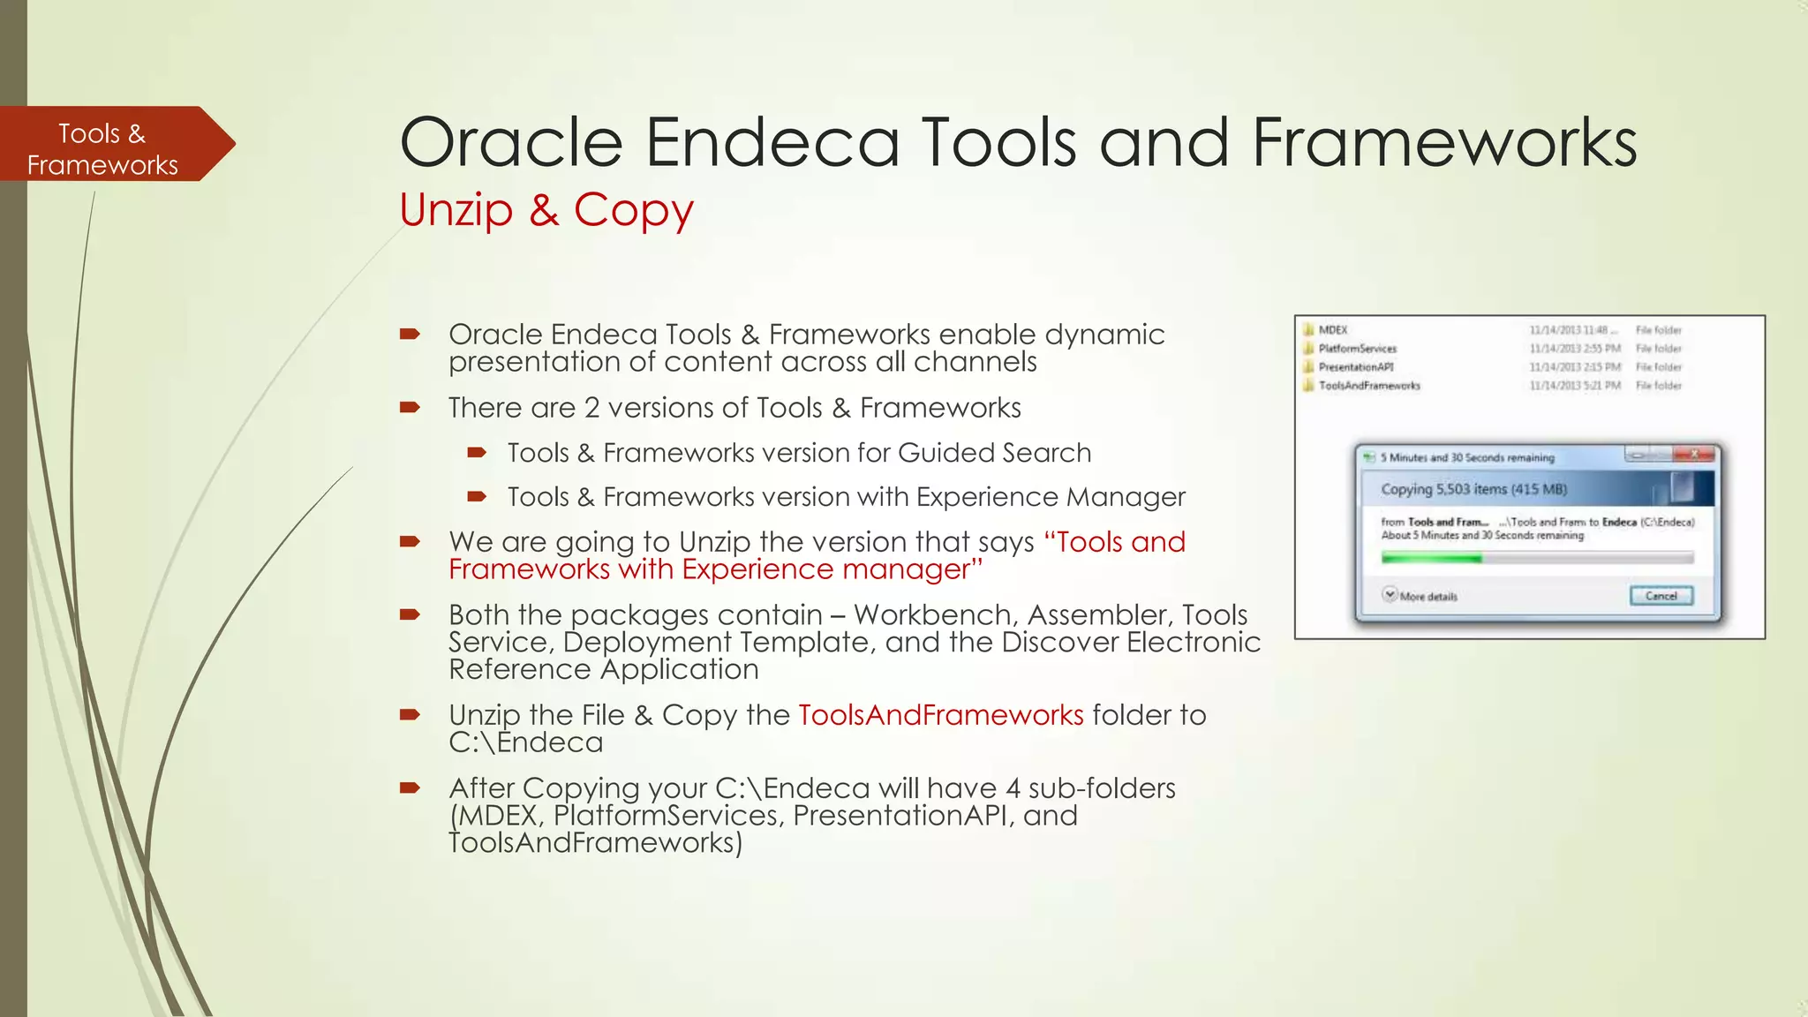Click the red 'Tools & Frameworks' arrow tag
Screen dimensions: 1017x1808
106,146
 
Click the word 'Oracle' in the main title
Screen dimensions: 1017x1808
511,143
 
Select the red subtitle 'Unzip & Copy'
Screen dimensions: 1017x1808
546,210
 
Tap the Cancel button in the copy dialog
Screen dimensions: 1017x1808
1661,596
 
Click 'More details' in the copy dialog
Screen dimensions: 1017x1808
1427,597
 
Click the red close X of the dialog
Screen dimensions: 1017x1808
1693,455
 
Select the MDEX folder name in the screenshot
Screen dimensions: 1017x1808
1333,330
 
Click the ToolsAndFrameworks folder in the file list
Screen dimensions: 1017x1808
1369,386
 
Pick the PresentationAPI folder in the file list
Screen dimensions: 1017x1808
1356,367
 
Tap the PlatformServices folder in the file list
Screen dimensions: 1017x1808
1358,349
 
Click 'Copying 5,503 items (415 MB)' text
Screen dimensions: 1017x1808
1473,489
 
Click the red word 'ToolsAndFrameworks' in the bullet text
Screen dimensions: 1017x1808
940,715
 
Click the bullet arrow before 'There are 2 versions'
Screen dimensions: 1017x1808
410,408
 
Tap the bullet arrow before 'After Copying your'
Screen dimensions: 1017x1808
410,787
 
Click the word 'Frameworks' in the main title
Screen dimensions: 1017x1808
1444,143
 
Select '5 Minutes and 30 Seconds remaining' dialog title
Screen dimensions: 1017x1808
1466,457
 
